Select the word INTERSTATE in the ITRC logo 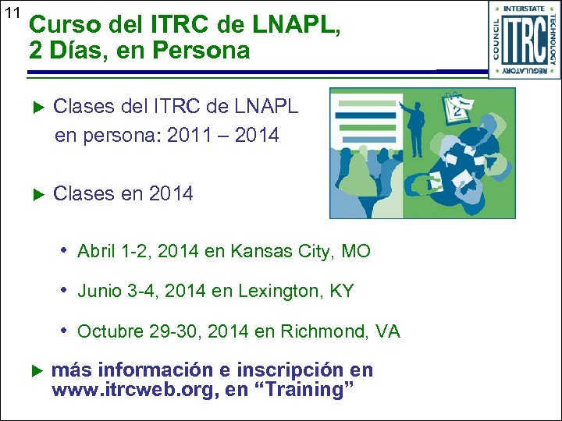click(525, 9)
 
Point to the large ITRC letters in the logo click(525, 41)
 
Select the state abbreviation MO click(356, 251)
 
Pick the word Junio click(101, 292)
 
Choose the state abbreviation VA click(386, 331)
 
